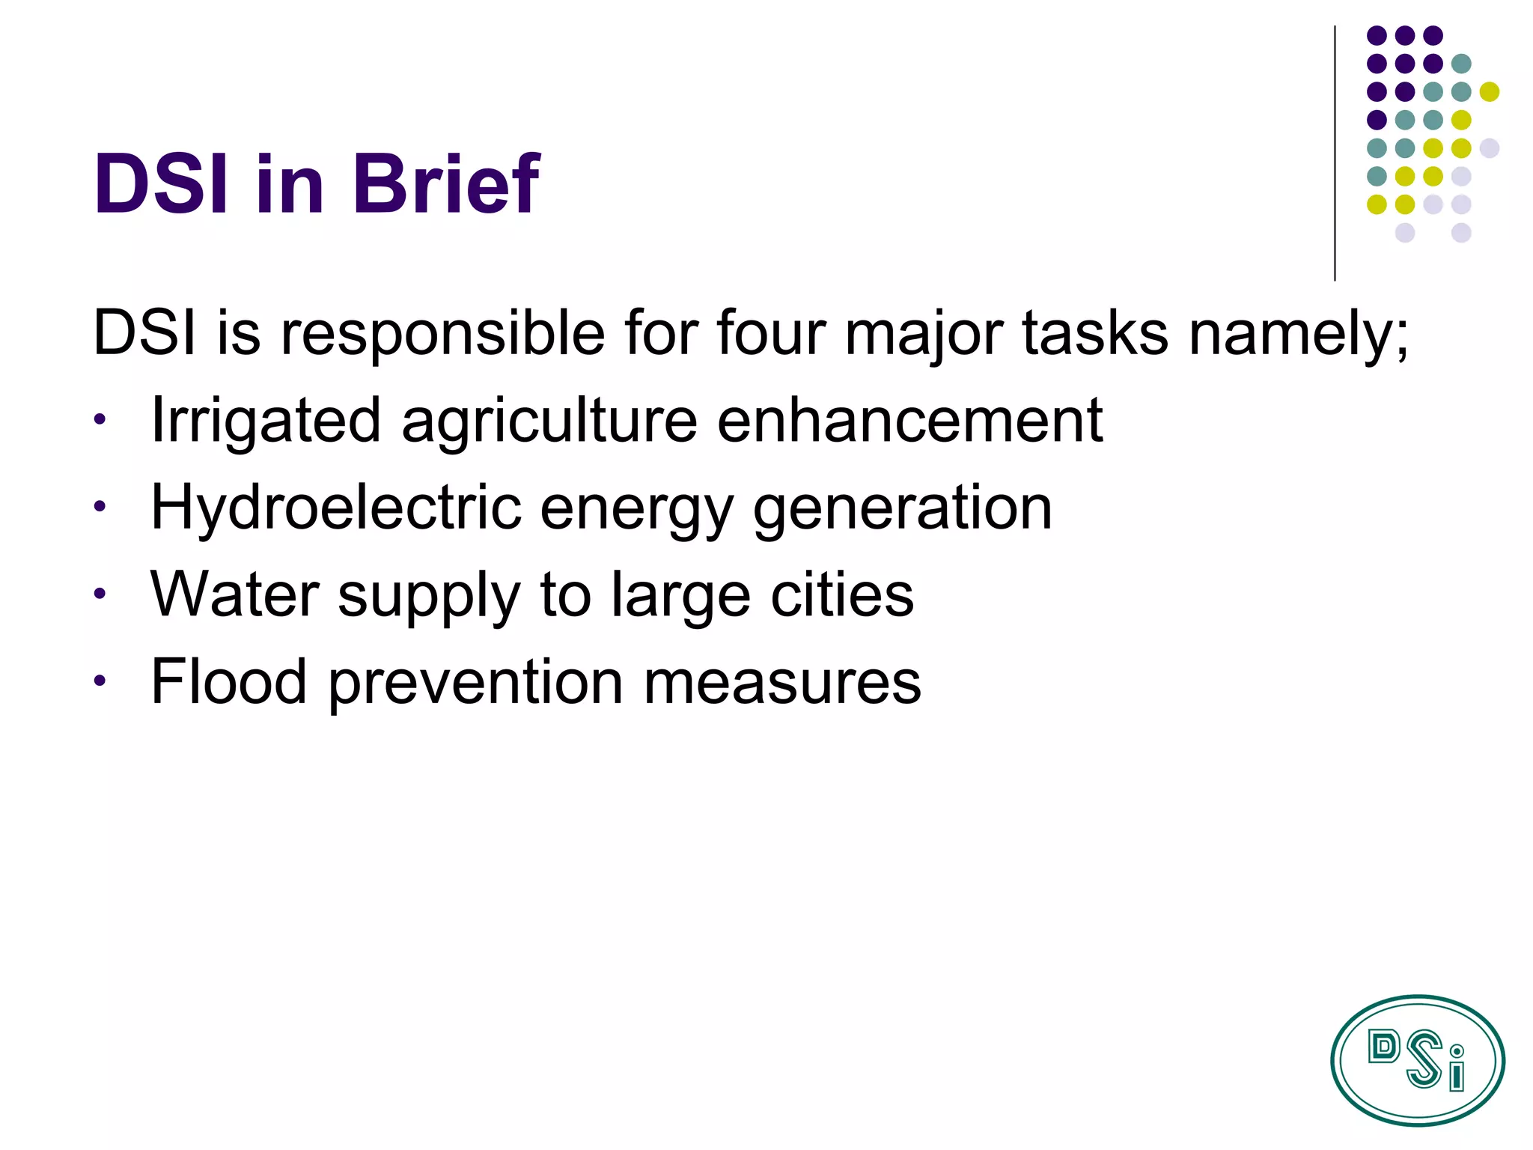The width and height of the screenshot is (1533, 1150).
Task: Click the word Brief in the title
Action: tap(446, 183)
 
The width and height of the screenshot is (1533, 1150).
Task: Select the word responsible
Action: tap(442, 333)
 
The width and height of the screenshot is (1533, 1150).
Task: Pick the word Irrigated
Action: tap(266, 422)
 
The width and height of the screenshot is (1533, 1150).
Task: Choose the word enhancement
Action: tap(909, 420)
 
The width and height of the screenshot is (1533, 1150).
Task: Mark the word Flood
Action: tap(228, 681)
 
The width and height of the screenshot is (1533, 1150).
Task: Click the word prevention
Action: tap(475, 683)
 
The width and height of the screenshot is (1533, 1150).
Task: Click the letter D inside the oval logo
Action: tap(1383, 1047)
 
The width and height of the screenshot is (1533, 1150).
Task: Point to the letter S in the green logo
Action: tap(1423, 1058)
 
